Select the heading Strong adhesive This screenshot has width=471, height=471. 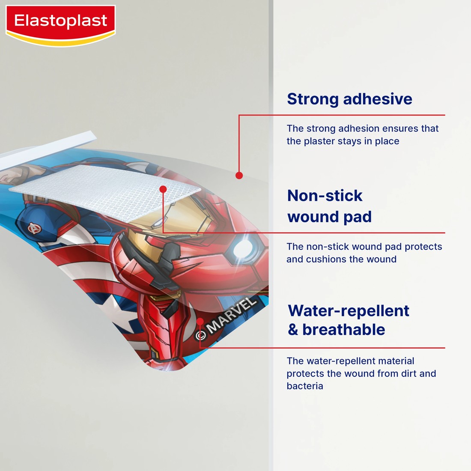pos(349,99)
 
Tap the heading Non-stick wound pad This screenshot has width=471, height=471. pos(329,206)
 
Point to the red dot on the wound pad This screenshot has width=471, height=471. pos(163,189)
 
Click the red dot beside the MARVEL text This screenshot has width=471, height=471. pos(200,322)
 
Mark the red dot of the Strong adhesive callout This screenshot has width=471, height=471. pos(239,175)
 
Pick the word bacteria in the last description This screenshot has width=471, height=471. pos(305,386)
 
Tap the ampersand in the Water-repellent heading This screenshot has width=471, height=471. pos(293,330)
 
